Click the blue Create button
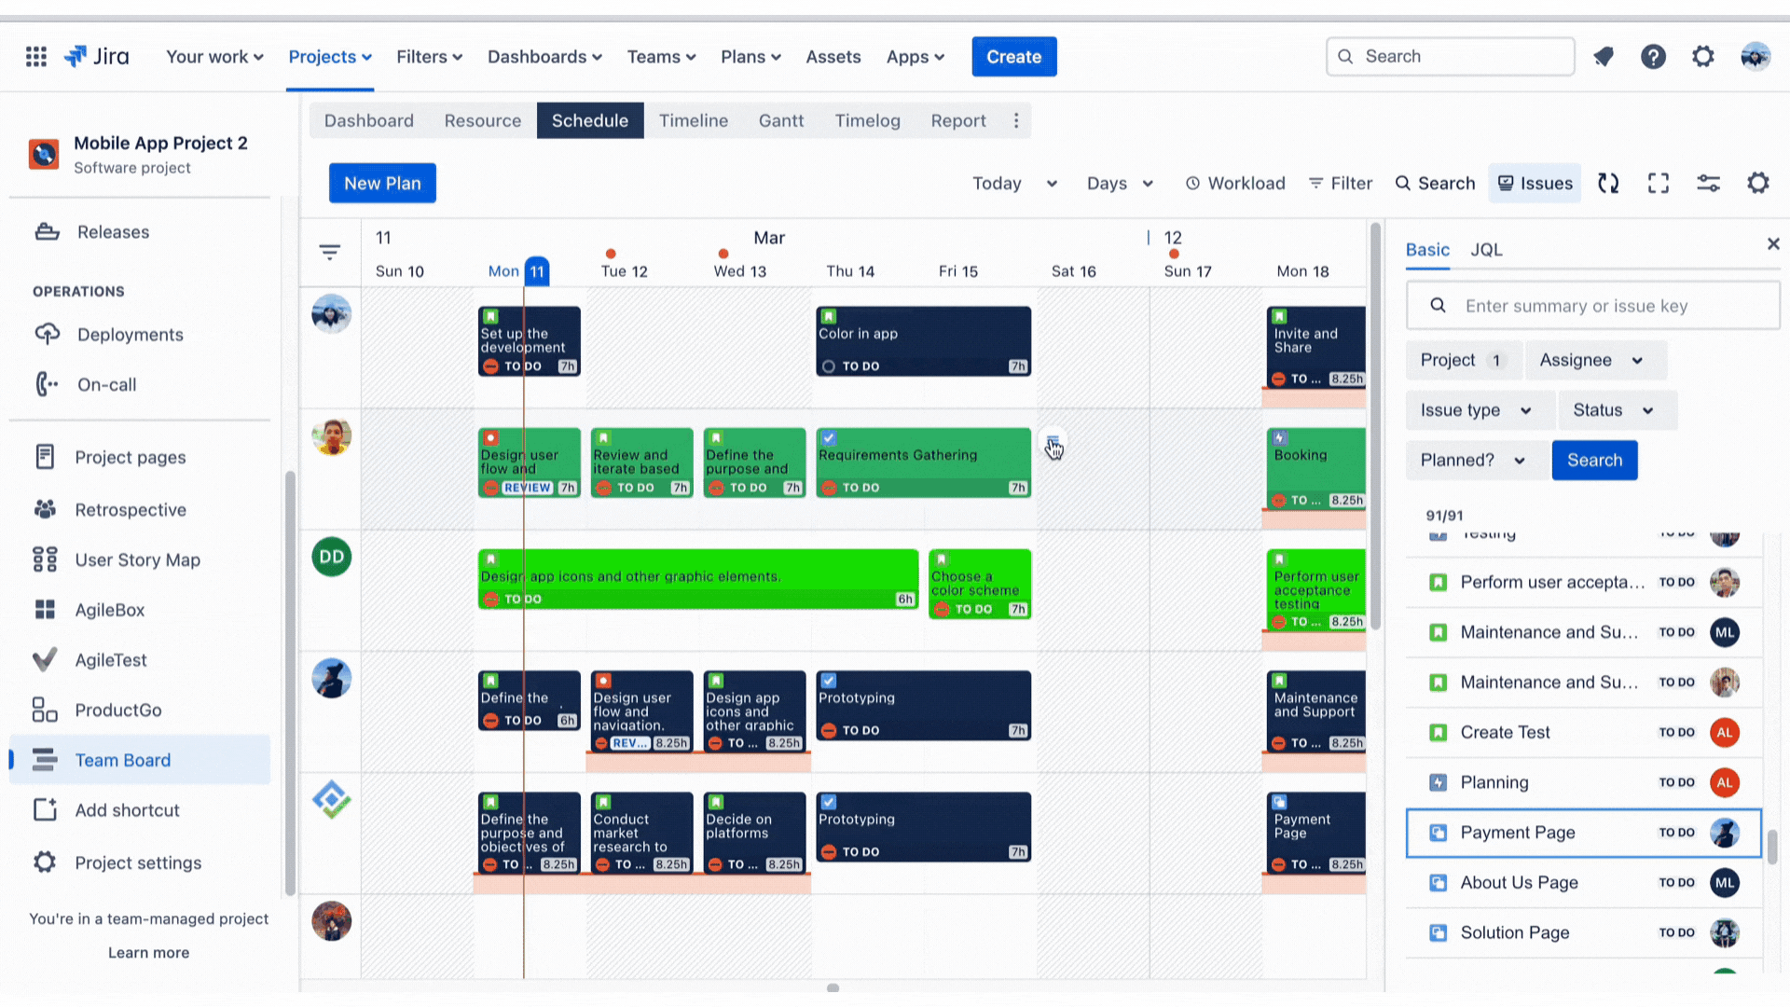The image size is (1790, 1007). pos(1013,57)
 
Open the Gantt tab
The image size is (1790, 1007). pos(780,120)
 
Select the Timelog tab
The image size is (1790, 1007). pos(867,120)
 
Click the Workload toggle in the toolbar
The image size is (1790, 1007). pos(1235,184)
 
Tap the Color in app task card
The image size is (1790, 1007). pos(923,341)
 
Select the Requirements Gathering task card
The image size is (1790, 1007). pos(923,462)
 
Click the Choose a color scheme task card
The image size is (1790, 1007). pos(979,584)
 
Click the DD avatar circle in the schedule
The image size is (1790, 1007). pos(331,557)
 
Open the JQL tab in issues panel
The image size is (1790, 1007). pos(1486,250)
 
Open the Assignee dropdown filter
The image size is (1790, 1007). pos(1593,360)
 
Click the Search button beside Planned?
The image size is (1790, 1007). pos(1593,460)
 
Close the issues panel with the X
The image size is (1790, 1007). pos(1772,244)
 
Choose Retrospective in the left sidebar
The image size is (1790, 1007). pos(131,510)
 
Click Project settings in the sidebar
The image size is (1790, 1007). pos(138,862)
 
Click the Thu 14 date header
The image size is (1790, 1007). pos(849,271)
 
